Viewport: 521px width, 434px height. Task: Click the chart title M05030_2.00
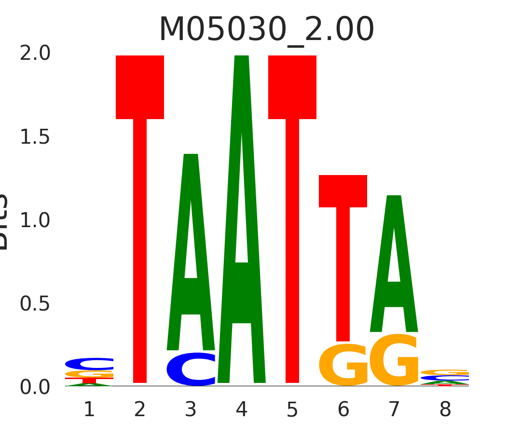[x=266, y=30]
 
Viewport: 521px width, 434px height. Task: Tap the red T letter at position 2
[x=140, y=193]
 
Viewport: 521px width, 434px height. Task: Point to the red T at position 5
[x=292, y=193]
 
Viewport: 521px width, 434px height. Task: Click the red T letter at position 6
[x=343, y=241]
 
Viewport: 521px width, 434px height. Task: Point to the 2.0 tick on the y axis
[x=35, y=54]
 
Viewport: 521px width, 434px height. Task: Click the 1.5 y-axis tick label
[x=35, y=137]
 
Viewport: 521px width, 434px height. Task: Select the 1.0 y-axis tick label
[x=35, y=221]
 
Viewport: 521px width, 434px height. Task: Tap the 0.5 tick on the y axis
[x=35, y=304]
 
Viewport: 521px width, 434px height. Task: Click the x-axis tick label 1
[x=89, y=410]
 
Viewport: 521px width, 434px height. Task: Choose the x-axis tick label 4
[x=242, y=410]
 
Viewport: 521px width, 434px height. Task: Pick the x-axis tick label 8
[x=445, y=410]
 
